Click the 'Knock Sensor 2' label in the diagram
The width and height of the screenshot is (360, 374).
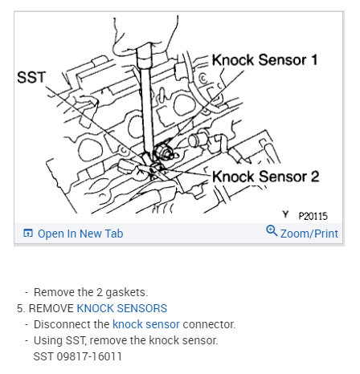[264, 176]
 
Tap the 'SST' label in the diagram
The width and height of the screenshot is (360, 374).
[33, 77]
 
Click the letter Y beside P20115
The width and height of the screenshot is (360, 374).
[285, 214]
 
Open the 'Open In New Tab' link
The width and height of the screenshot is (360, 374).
[80, 234]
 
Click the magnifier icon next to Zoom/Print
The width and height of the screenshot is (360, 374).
[272, 233]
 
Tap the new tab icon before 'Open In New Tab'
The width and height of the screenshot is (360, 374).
[28, 234]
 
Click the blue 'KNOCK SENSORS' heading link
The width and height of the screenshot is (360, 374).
[122, 308]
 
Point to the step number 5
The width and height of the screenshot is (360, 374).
[20, 308]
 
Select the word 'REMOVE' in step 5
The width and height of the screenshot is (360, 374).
[51, 308]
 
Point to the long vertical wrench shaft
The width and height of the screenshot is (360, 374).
[146, 96]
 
